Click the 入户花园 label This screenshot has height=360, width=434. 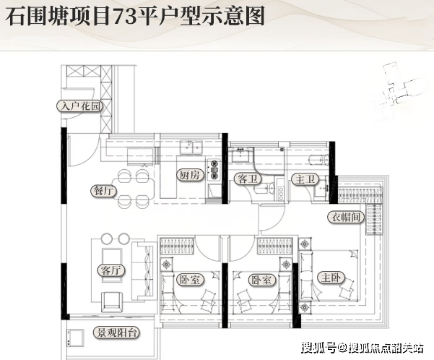pos(79,107)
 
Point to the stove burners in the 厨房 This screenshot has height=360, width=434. pos(213,169)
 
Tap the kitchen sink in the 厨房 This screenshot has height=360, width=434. pos(189,150)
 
